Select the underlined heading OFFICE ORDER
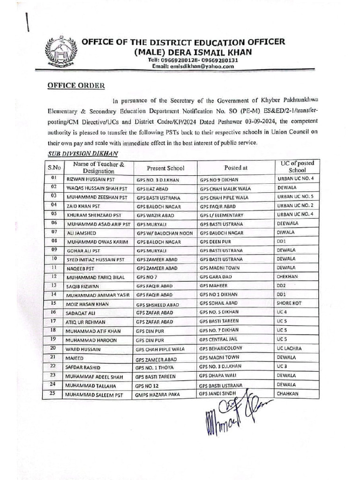tap(76, 86)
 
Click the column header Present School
tap(165, 168)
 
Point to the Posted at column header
tap(235, 167)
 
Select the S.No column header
tap(54, 167)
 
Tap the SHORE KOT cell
tap(289, 303)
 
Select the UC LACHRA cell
tap(289, 348)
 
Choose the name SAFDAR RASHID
tap(86, 367)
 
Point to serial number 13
tap(54, 285)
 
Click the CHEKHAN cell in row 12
tap(287, 277)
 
